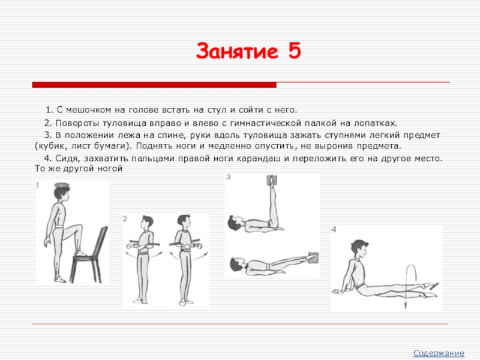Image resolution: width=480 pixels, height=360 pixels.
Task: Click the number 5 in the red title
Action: pyautogui.click(x=294, y=51)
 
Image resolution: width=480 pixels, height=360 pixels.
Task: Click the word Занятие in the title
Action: pyautogui.click(x=237, y=51)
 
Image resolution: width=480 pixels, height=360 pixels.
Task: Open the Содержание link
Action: pyautogui.click(x=439, y=353)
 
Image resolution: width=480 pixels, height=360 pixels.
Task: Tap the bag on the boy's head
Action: pyautogui.click(x=62, y=185)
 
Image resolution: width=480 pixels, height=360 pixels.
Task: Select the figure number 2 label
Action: pyautogui.click(x=125, y=218)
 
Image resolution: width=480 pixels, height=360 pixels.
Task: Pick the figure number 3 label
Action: pyautogui.click(x=228, y=177)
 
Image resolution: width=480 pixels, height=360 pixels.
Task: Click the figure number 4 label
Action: pyautogui.click(x=334, y=229)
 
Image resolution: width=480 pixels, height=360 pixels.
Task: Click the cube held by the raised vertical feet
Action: pyautogui.click(x=272, y=181)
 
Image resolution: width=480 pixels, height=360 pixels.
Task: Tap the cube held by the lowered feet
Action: pyautogui.click(x=313, y=257)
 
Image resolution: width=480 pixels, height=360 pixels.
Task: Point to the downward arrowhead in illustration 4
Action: pyautogui.click(x=406, y=305)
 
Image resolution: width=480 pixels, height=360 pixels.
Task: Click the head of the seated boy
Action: pyautogui.click(x=359, y=250)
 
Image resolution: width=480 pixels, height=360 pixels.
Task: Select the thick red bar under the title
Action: pyautogui.click(x=154, y=85)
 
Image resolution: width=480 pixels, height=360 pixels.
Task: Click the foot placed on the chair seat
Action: pyautogui.click(x=82, y=253)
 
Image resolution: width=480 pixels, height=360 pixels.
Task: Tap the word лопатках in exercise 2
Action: pyautogui.click(x=375, y=123)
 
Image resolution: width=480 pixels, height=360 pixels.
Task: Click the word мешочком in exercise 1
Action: pyautogui.click(x=88, y=110)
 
